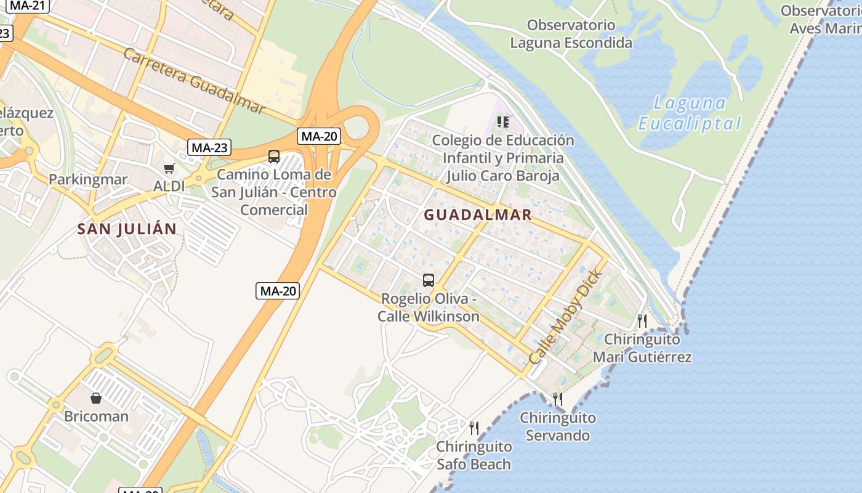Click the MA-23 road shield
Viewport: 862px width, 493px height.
point(209,148)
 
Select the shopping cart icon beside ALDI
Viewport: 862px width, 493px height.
point(169,168)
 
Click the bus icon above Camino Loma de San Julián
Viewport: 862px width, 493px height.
point(274,157)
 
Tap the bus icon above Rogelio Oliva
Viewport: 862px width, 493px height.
point(429,280)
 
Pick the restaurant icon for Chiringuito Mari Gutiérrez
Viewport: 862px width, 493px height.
point(642,320)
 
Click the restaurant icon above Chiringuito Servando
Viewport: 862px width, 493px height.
point(558,399)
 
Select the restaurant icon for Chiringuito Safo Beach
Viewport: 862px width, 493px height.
point(474,428)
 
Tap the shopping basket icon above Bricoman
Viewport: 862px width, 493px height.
point(96,398)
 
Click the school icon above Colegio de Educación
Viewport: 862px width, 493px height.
point(503,121)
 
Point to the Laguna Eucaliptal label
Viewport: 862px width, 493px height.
point(690,113)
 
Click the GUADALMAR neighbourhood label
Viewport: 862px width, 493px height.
point(478,215)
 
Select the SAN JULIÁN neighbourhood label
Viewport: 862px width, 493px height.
point(127,229)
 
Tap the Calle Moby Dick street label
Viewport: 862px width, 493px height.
point(563,324)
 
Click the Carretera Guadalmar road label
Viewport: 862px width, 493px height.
point(193,79)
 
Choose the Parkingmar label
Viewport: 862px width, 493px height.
point(88,180)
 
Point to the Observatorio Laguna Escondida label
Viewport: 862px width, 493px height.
point(571,34)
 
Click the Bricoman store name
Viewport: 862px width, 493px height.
point(97,417)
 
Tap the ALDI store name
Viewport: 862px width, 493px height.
point(169,185)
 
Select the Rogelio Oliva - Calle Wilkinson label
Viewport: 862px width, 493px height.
point(429,308)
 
